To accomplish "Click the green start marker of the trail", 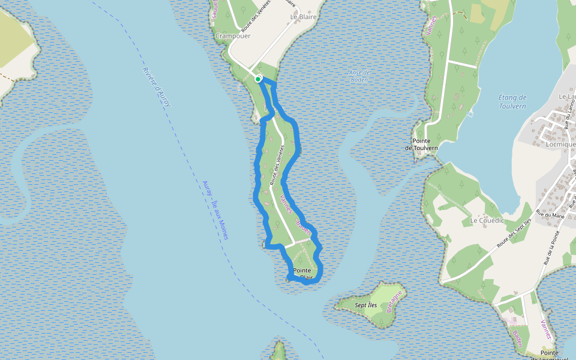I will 257,79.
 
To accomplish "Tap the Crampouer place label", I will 232,36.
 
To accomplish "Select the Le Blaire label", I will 303,17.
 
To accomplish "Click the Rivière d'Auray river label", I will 157,86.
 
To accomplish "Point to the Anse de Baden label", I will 359,76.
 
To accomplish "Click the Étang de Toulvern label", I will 512,101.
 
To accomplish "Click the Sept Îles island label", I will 365,305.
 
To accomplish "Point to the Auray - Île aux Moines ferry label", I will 215,210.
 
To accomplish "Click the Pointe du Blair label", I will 302,274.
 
